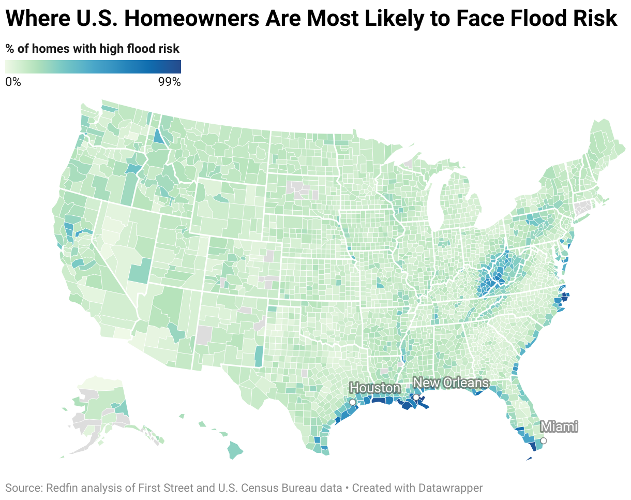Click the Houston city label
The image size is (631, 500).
pos(374,388)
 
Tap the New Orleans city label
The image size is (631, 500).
pos(451,383)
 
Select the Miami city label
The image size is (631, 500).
pos(559,427)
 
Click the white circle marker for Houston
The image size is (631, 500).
pos(353,402)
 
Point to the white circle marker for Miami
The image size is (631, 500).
pos(544,441)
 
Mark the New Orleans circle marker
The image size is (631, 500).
pos(416,397)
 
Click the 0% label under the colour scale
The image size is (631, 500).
pos(13,82)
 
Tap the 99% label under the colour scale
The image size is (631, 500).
pos(169,82)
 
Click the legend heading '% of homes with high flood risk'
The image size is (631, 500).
pos(93,49)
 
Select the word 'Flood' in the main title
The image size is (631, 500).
pos(532,19)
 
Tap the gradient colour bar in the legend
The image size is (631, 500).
pos(93,67)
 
